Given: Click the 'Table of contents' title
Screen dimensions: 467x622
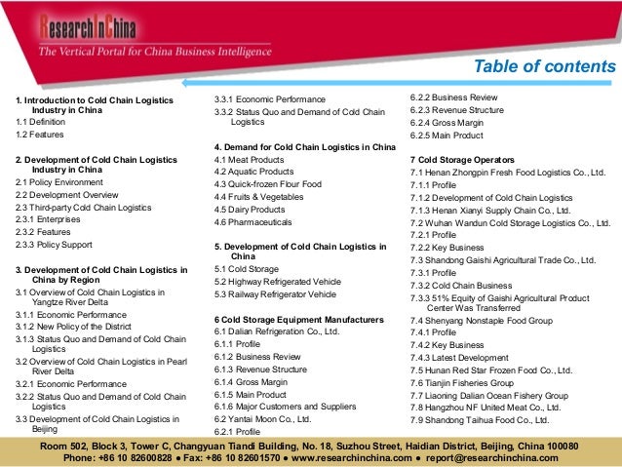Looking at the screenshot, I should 543,66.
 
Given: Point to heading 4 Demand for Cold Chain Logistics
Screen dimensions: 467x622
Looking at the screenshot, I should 304,146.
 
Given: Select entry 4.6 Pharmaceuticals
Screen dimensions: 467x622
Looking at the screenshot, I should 255,223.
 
